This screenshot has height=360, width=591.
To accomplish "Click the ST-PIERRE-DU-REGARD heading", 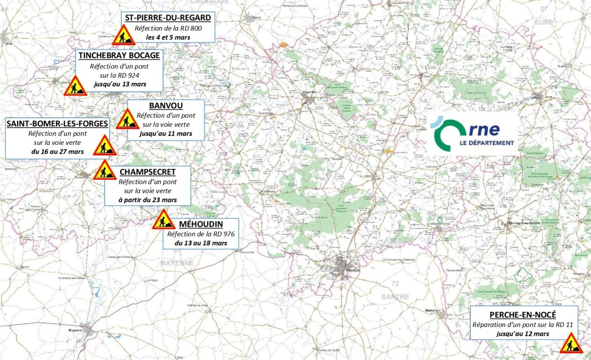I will [x=168, y=18].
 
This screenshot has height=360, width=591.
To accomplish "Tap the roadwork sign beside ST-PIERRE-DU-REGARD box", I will [x=123, y=36].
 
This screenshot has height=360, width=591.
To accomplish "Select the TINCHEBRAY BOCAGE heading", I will [x=119, y=56].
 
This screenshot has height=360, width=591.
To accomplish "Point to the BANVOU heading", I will [x=165, y=106].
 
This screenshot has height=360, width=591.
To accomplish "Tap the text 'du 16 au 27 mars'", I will [x=57, y=151].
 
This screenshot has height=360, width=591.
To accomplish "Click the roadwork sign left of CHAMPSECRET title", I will [x=104, y=170].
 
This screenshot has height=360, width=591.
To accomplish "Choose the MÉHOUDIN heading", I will [x=201, y=225].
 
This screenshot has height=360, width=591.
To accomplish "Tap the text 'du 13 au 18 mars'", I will [x=201, y=243].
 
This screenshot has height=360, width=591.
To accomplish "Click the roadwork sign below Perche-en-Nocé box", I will [x=571, y=343].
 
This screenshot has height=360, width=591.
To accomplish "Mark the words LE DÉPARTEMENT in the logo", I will [x=487, y=143].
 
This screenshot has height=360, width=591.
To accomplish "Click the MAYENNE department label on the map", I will [x=177, y=263].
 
